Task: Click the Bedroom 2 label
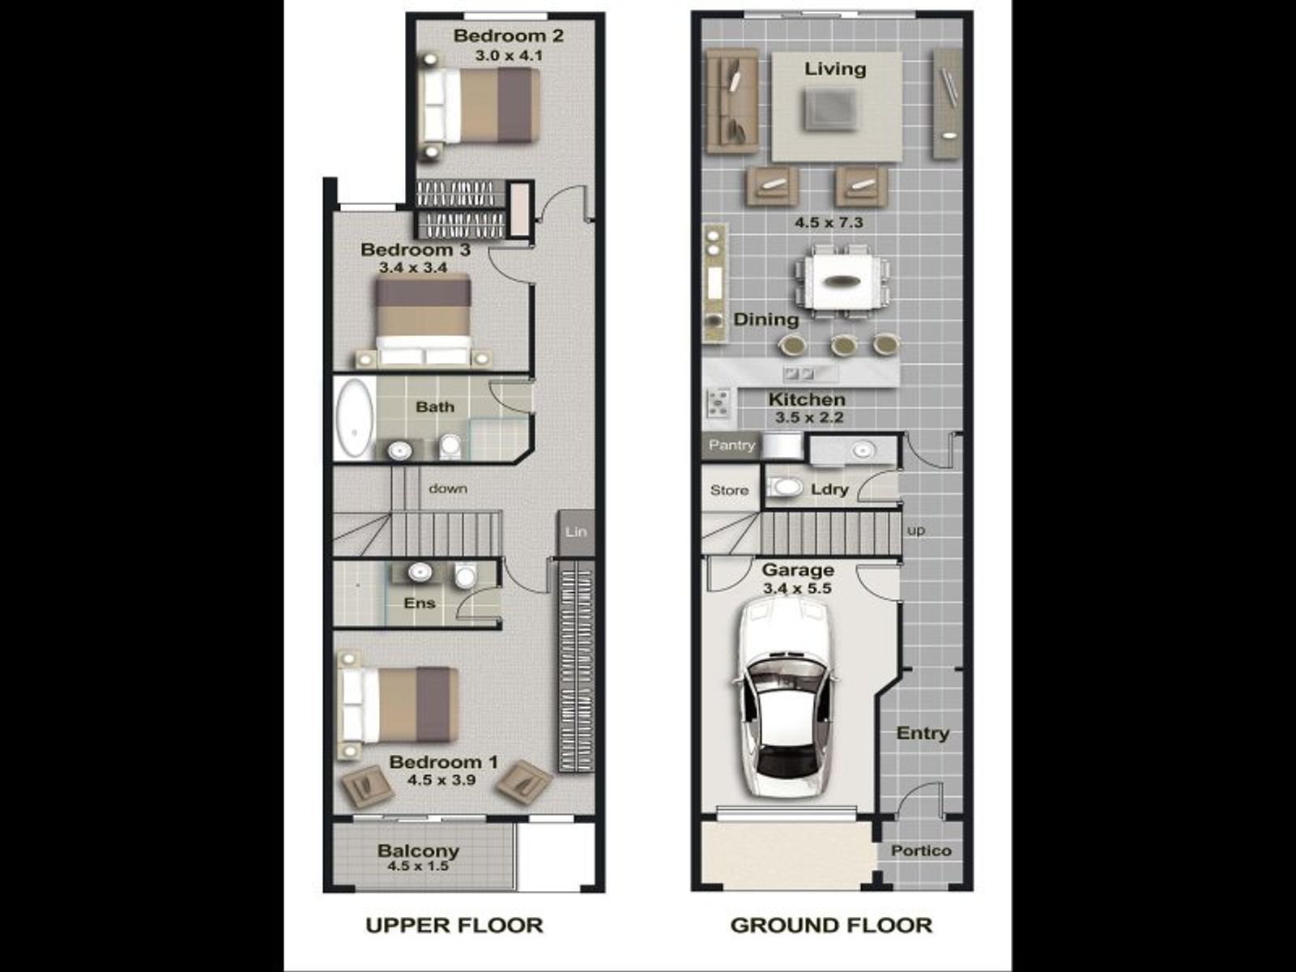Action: pos(509,36)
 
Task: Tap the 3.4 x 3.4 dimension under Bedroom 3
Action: pos(413,267)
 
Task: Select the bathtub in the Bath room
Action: pos(355,419)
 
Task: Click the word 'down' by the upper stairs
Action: pos(448,488)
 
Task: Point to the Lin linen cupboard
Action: pos(576,532)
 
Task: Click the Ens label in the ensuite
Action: pos(420,603)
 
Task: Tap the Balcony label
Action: pos(418,850)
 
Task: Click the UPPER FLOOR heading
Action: pos(454,925)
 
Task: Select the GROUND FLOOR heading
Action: pos(831,925)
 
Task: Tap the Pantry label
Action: pos(731,445)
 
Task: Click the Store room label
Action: pos(729,490)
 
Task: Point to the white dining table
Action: pos(842,282)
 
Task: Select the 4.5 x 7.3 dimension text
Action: pos(829,223)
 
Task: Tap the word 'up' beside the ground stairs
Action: pos(916,531)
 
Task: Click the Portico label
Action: pos(921,850)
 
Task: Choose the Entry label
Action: pos(923,733)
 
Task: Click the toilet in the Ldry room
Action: pos(785,488)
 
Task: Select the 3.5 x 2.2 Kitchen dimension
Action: pos(809,417)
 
